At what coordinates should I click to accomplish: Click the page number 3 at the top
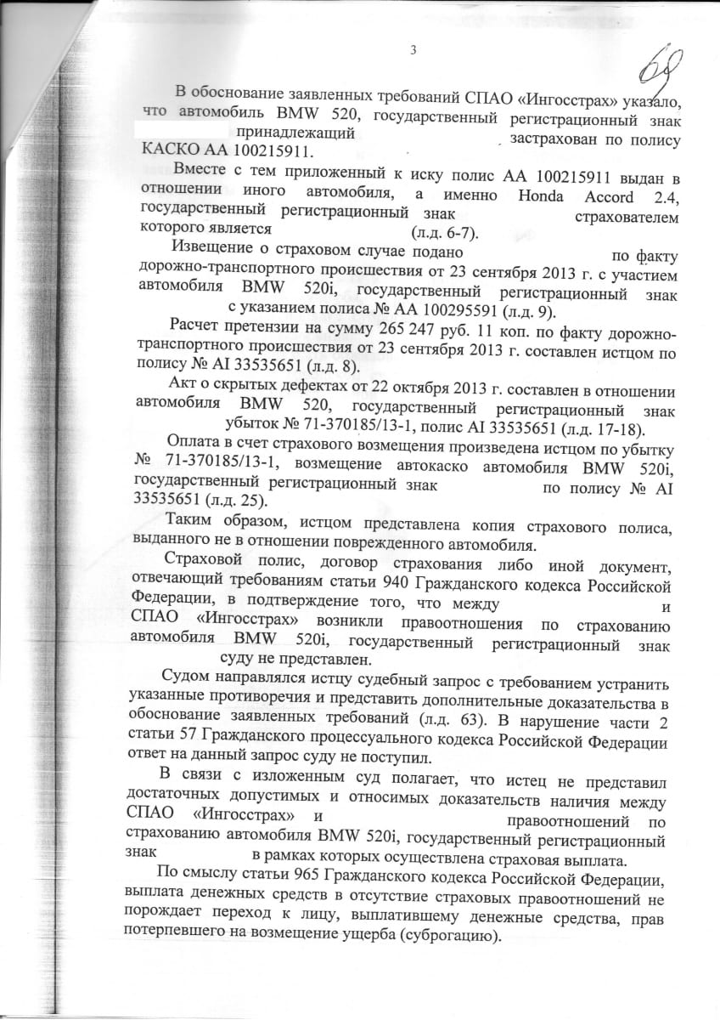pos(413,50)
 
